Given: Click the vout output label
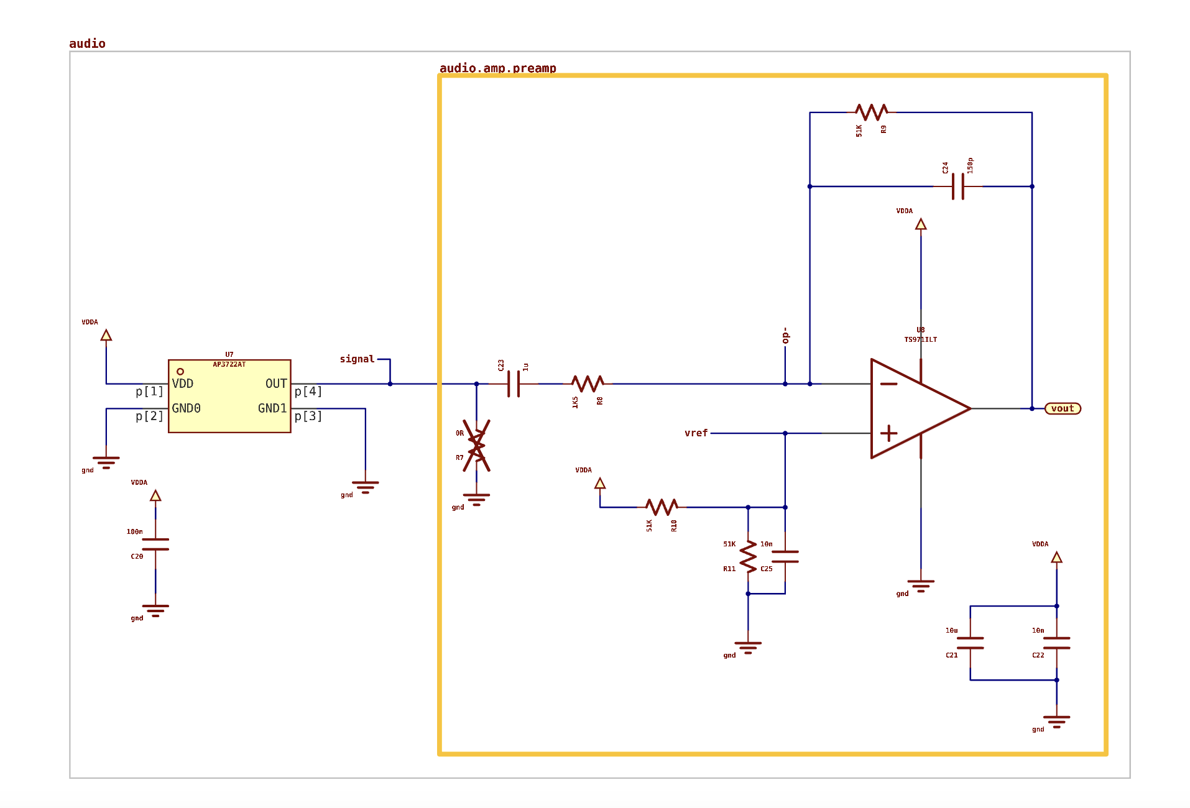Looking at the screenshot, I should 1063,408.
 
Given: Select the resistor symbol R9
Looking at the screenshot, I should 871,112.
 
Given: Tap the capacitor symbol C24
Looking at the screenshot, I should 957,186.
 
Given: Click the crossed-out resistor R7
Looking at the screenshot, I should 477,446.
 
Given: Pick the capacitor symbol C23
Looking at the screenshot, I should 514,383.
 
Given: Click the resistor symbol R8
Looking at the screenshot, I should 588,383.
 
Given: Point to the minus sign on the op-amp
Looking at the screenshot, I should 889,384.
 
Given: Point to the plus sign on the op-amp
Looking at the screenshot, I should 889,433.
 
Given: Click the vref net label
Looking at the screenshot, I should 696,433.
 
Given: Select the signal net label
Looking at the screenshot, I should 357,359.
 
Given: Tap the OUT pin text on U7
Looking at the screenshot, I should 276,383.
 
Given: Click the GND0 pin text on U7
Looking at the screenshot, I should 186,408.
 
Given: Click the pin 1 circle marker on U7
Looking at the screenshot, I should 180,372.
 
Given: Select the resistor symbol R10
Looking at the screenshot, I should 662,507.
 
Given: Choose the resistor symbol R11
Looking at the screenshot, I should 748,556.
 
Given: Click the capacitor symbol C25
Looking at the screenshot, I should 785,556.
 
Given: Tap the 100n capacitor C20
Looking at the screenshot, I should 155,544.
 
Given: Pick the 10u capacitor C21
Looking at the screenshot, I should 970,643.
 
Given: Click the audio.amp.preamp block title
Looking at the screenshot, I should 497,68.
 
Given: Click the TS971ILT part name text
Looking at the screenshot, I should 920,339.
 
